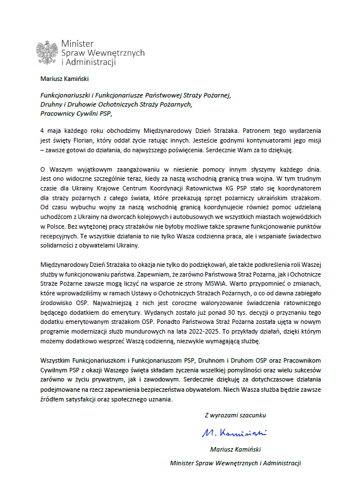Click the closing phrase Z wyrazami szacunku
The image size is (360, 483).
pos(234,415)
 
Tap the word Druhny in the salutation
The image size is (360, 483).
pos(52,104)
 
